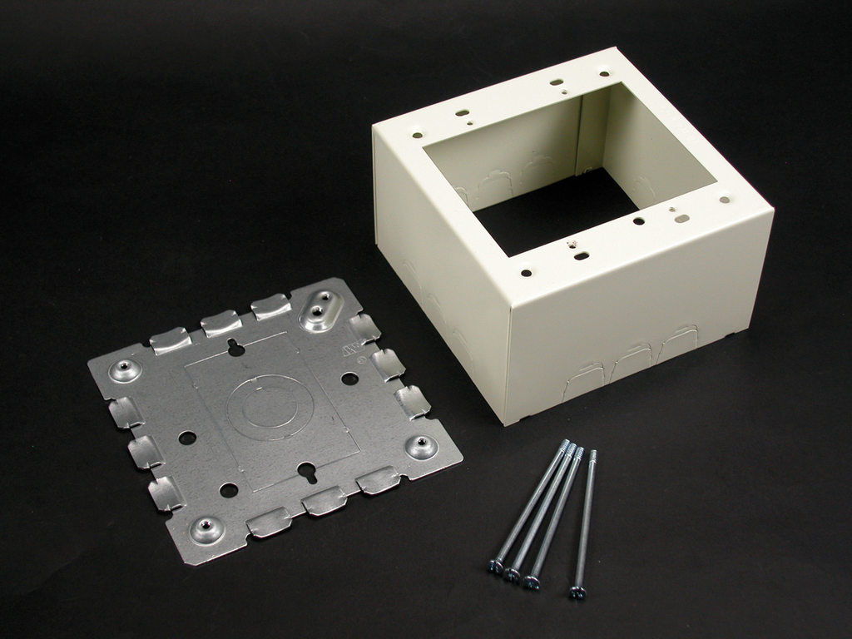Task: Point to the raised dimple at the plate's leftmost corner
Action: point(125,369)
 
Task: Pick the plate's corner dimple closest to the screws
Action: point(420,445)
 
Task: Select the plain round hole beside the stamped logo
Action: point(349,379)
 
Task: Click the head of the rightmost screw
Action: point(577,592)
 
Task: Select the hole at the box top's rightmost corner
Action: point(725,200)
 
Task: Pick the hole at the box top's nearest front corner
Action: point(526,271)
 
